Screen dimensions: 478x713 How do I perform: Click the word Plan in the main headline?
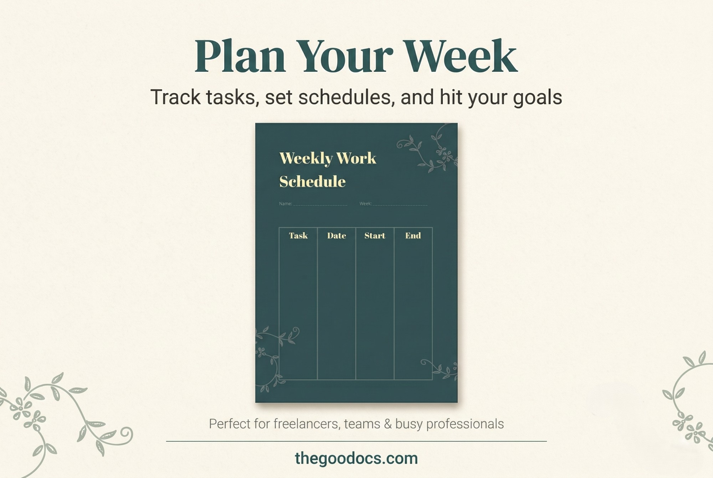pyautogui.click(x=240, y=56)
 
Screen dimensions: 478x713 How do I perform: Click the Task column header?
pyautogui.click(x=298, y=235)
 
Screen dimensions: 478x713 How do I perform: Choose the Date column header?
pyautogui.click(x=337, y=235)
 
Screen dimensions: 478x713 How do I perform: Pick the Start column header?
pyautogui.click(x=375, y=235)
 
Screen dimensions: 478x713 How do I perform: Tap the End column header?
pyautogui.click(x=413, y=235)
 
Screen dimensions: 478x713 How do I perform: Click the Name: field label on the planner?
pyautogui.click(x=285, y=204)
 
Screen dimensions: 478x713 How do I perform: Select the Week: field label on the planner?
pyautogui.click(x=365, y=204)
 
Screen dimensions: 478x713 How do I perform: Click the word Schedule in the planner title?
pyautogui.click(x=312, y=181)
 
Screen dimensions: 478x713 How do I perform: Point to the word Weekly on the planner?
pyautogui.click(x=306, y=159)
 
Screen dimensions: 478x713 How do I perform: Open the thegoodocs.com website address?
pyautogui.click(x=356, y=458)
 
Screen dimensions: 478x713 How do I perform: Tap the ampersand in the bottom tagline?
pyautogui.click(x=388, y=424)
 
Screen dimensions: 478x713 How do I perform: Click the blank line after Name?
pyautogui.click(x=320, y=205)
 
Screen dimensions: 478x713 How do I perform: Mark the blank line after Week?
pyautogui.click(x=400, y=205)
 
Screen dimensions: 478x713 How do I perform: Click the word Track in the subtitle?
pyautogui.click(x=175, y=97)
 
